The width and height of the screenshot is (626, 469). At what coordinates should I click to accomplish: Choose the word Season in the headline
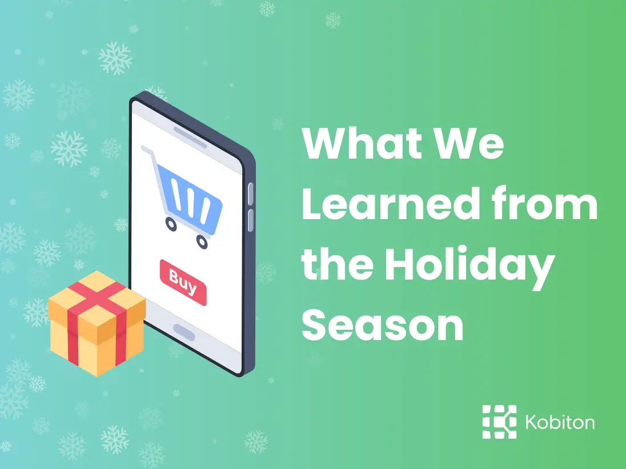coord(382,326)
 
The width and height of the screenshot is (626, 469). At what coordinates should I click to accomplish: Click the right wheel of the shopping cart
coord(202,242)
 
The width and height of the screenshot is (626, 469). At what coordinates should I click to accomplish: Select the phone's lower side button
coord(250,220)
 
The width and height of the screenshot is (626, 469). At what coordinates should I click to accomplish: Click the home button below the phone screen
coord(184,331)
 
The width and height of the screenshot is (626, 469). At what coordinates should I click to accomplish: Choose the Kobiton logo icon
coord(499,422)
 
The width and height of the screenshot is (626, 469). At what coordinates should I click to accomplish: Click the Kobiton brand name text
coord(559,423)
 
